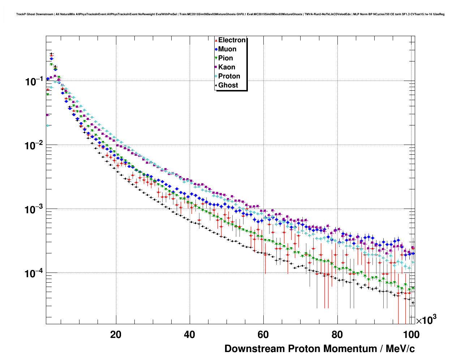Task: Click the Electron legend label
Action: pos(232,40)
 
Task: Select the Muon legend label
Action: pos(227,49)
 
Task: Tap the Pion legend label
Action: pos(225,58)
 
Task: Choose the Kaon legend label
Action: pos(227,67)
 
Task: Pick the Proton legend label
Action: pos(229,76)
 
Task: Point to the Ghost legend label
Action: pos(228,85)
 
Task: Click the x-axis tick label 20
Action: pos(116,335)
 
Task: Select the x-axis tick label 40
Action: pos(190,335)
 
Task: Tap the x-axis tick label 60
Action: pos(263,335)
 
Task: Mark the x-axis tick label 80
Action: pos(337,335)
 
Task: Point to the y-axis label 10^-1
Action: pos(34,81)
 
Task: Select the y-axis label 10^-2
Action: pos(34,145)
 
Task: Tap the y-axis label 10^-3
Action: pos(34,209)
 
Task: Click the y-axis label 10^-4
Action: pos(34,273)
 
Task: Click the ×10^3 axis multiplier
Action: pos(426,320)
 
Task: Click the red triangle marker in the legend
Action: pos(216,40)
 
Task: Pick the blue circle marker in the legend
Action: pos(216,49)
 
